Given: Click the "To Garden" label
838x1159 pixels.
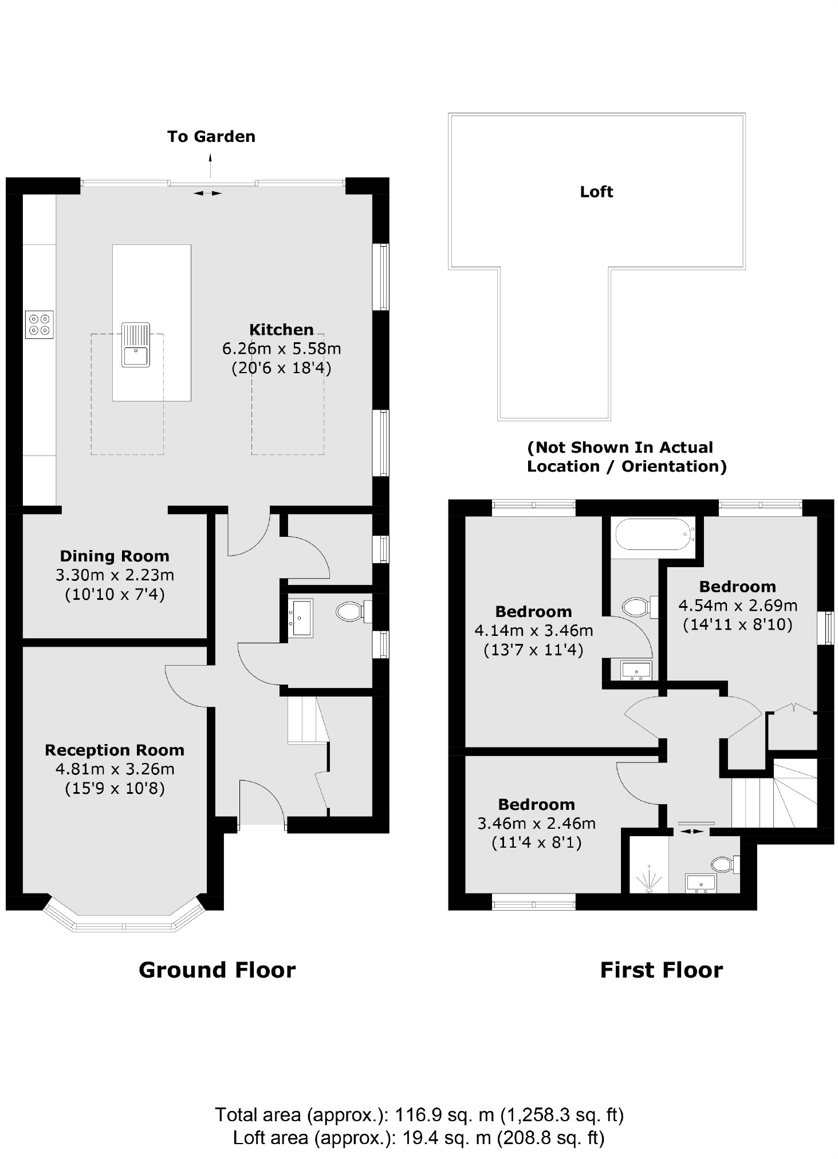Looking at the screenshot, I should point(211,137).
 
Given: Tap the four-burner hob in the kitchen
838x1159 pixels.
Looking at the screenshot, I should point(40,325).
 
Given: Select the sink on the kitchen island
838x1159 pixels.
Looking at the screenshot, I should point(136,345).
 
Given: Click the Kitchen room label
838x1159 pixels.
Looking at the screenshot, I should point(281,330).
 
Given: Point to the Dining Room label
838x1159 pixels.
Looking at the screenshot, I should point(115,556).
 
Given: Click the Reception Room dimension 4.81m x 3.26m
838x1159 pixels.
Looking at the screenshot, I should point(115,769).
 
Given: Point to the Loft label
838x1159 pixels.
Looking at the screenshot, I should point(596,192).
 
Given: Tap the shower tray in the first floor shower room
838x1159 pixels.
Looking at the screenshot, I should point(648,864).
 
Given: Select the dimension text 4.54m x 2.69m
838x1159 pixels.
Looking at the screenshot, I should point(738,606).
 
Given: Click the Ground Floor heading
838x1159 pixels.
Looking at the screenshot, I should point(217,970).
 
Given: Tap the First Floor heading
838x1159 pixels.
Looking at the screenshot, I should point(661,970).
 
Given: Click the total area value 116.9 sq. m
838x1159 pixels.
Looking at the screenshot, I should point(444,1114).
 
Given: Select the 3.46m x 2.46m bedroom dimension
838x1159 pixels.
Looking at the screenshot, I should point(536,824).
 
